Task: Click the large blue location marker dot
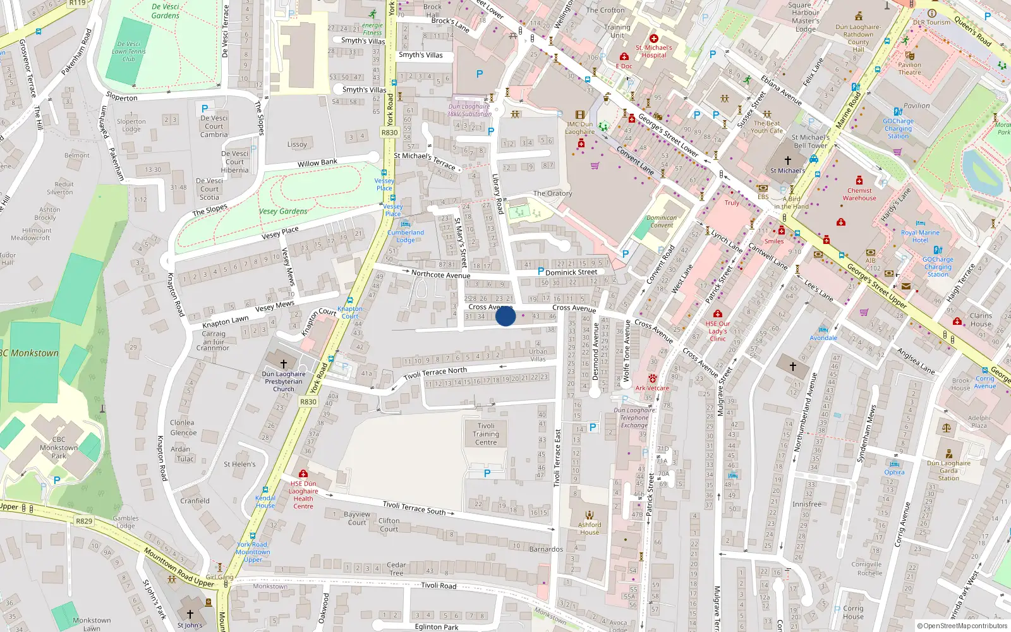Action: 505,316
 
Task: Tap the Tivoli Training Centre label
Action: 486,434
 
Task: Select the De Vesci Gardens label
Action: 166,11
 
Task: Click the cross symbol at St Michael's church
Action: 787,161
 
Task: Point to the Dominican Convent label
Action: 662,221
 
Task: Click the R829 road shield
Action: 84,521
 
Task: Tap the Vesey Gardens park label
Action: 283,212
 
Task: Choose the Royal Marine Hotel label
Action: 920,236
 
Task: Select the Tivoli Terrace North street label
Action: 435,374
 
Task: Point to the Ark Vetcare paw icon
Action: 652,379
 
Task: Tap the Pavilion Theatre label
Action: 909,68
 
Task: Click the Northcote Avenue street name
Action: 440,274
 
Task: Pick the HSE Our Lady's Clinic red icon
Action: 717,314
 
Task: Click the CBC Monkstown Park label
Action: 59,447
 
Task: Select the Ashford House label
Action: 590,528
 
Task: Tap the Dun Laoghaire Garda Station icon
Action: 948,454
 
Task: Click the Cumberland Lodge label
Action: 406,236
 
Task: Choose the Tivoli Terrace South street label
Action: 414,507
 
